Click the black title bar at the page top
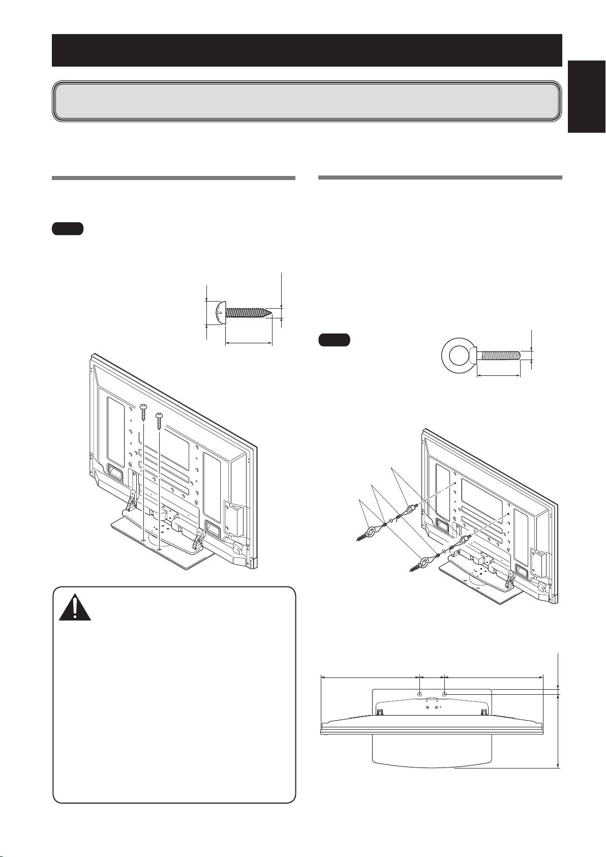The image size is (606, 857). pyautogui.click(x=307, y=50)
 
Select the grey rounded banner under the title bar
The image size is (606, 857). pyautogui.click(x=307, y=101)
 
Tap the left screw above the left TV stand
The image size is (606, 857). pyautogui.click(x=144, y=410)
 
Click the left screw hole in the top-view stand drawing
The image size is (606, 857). pyautogui.click(x=419, y=694)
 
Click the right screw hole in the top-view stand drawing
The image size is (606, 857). pyautogui.click(x=444, y=694)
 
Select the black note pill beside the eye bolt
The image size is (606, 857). pyautogui.click(x=334, y=340)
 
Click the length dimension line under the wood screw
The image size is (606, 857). pyautogui.click(x=249, y=344)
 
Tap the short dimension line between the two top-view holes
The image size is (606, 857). pyautogui.click(x=432, y=677)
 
